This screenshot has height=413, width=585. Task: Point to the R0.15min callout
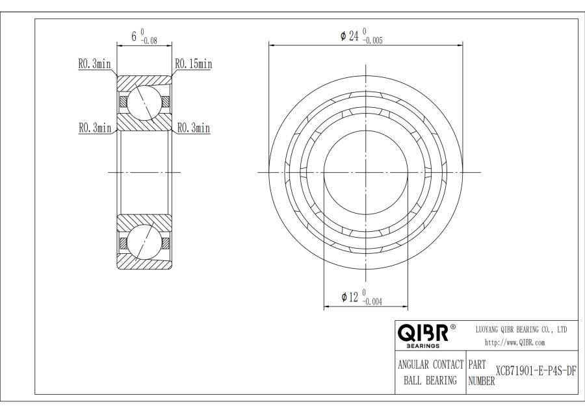tap(193, 64)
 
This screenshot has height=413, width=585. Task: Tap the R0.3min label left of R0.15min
tap(95, 64)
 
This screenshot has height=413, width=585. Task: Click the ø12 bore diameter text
tap(350, 297)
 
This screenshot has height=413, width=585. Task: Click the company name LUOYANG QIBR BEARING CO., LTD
tap(521, 330)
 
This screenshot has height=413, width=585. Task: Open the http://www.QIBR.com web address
tap(515, 342)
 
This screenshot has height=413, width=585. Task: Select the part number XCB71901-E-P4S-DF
tap(536, 370)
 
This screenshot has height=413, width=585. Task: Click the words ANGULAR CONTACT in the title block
tap(429, 364)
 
